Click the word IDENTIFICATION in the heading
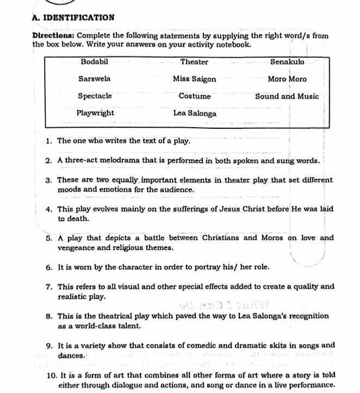pos(80,17)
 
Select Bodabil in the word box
pos(95,62)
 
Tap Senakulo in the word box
pos(287,62)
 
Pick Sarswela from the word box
pos(95,79)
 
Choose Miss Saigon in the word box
pos(195,79)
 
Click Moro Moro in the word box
pos(287,79)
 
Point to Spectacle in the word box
pos(95,96)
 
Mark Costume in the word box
pos(195,96)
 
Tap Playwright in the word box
pos(95,113)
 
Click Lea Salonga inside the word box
pos(195,114)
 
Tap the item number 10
pos(50,376)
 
